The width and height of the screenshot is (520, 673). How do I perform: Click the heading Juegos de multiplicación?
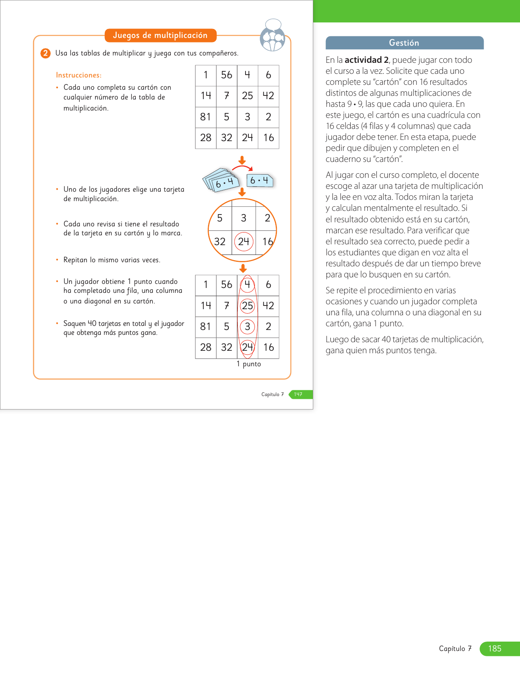click(x=160, y=35)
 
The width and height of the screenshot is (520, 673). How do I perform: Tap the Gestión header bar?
click(x=404, y=43)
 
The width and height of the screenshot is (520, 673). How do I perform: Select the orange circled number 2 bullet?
click(x=45, y=53)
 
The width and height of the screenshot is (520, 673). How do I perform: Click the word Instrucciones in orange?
click(x=78, y=75)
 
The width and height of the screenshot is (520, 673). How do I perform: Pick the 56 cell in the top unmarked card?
click(x=226, y=75)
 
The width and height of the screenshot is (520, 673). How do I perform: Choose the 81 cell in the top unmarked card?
click(x=206, y=117)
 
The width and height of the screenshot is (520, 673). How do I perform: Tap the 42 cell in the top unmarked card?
click(x=268, y=96)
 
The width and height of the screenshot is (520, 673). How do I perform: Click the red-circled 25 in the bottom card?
click(x=248, y=306)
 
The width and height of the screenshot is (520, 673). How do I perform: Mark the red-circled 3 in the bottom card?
click(x=248, y=326)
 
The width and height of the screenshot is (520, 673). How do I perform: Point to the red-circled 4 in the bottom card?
click(x=248, y=284)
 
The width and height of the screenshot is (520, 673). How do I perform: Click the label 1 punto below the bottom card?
click(x=249, y=364)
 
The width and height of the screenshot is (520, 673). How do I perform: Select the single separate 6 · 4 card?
click(x=260, y=180)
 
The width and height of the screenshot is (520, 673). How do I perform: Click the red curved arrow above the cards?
click(x=242, y=167)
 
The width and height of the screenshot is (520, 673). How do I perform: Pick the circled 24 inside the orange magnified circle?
click(x=244, y=241)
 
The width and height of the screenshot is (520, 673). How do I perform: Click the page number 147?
click(x=299, y=394)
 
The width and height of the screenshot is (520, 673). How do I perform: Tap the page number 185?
click(x=495, y=649)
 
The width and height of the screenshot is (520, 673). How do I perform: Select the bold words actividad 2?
click(x=367, y=60)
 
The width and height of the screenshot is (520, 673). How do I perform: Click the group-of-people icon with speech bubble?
click(x=272, y=35)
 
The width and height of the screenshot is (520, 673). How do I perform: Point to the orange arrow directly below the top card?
click(x=242, y=160)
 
